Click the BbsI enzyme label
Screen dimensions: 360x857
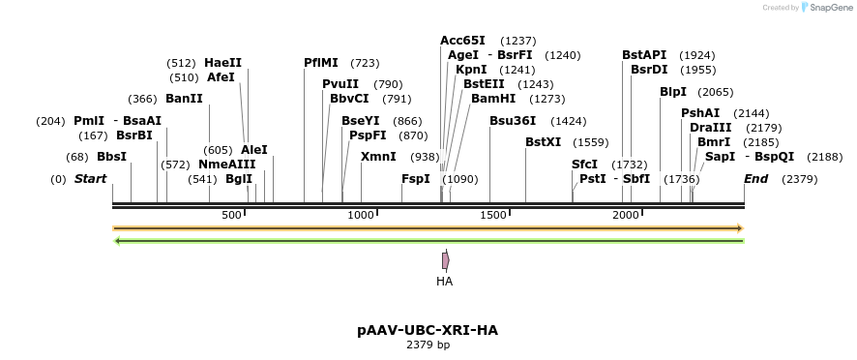pos(111,157)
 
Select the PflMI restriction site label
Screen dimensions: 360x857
pos(320,63)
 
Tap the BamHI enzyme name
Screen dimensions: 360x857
pos(491,99)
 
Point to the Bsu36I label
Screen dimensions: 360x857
pos(512,121)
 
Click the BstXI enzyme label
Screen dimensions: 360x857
pos(543,142)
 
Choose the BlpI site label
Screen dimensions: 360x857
pos(673,92)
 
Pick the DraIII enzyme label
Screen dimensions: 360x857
pos(710,128)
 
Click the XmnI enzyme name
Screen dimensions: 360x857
pos(378,157)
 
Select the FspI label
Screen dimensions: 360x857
pos(416,179)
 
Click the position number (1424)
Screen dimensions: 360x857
pos(569,121)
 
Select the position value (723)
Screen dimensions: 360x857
pos(365,63)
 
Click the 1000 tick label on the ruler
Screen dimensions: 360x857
pos(361,215)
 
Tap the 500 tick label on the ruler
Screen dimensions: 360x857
pos(232,215)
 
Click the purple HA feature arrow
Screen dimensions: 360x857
pos(445,260)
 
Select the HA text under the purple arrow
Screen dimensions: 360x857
pos(444,282)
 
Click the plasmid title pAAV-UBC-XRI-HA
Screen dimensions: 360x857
pos(428,330)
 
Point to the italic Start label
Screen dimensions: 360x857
pos(90,179)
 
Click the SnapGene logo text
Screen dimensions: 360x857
pos(827,8)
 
